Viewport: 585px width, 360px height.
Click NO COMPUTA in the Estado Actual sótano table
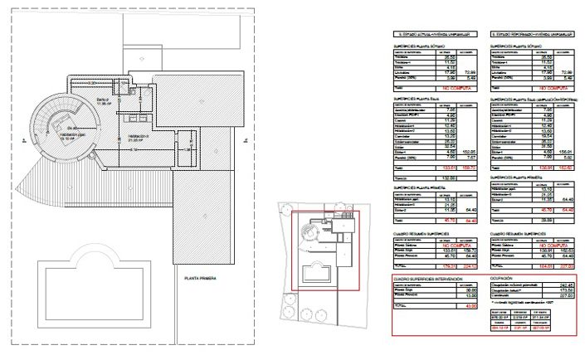[456, 86]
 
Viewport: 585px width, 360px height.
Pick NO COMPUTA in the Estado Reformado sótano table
[555, 86]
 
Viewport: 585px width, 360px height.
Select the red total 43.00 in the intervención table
[470, 308]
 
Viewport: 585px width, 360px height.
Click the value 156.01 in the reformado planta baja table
[568, 152]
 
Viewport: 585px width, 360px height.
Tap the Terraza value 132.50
[450, 178]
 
